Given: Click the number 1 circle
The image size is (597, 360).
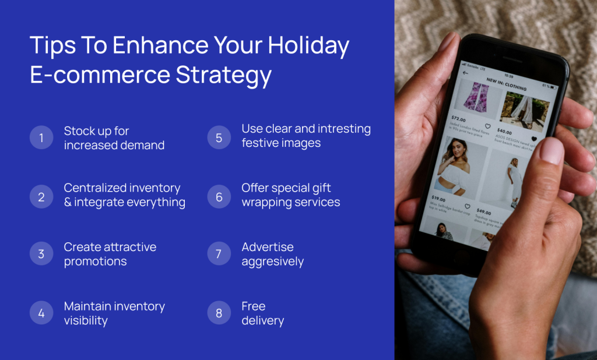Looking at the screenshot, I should pyautogui.click(x=41, y=138).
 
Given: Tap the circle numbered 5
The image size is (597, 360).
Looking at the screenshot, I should pyautogui.click(x=219, y=138).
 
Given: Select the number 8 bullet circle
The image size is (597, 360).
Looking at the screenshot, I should pyautogui.click(x=219, y=313).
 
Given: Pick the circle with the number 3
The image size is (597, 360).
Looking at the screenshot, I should pyautogui.click(x=41, y=254).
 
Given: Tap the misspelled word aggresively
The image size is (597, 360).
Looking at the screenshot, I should pyautogui.click(x=272, y=262).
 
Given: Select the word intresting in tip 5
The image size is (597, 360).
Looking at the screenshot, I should pyautogui.click(x=340, y=129).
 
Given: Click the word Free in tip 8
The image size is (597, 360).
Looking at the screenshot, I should pyautogui.click(x=253, y=306).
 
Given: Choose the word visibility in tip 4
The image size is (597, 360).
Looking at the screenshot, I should pyautogui.click(x=86, y=320).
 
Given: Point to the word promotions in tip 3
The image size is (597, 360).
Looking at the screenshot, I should pyautogui.click(x=95, y=262).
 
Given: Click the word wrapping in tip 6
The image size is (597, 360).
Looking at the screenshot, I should pyautogui.click(x=268, y=203).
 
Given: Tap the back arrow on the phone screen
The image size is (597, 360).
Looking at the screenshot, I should pyautogui.click(x=465, y=73).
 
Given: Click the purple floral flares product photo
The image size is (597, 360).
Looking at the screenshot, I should pyautogui.click(x=476, y=97).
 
